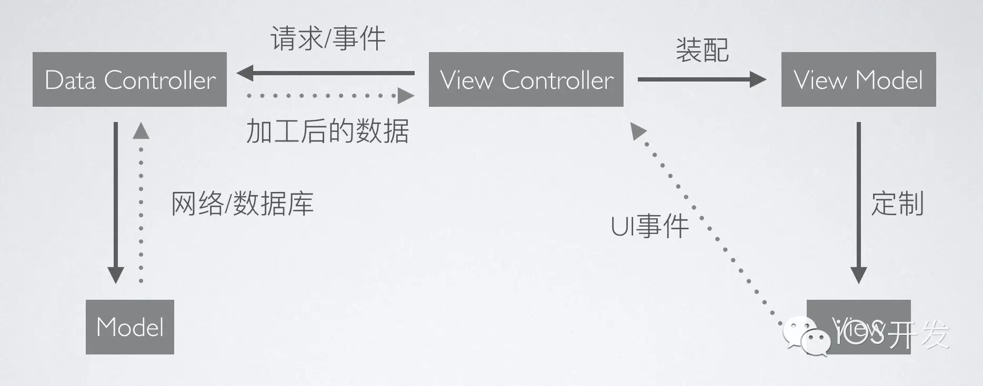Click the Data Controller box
[129, 79]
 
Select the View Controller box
[526, 79]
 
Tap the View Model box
[858, 79]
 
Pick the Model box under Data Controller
[129, 327]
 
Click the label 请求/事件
[328, 38]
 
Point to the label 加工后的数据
[327, 131]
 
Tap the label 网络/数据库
[242, 204]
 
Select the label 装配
[702, 50]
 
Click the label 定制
[897, 204]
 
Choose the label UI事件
[649, 226]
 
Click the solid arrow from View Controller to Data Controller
[326, 73]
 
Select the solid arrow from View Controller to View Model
[701, 79]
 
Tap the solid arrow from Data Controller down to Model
[116, 202]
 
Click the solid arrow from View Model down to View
[858, 202]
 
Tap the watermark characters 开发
[918, 333]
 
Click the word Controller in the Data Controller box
[160, 80]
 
